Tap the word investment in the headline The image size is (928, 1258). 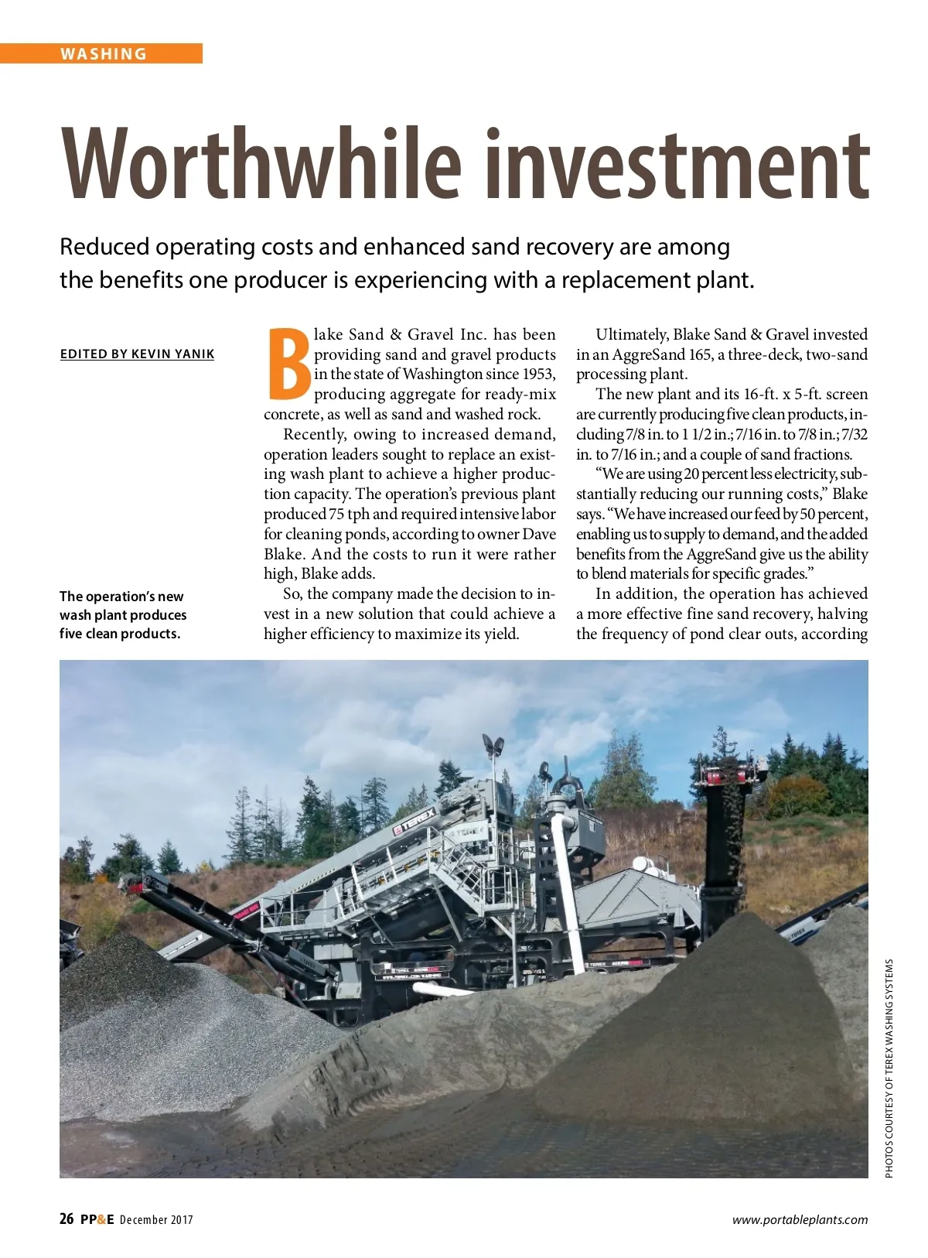point(666,163)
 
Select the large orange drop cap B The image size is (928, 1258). point(288,363)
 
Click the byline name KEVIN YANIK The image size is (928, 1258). point(172,354)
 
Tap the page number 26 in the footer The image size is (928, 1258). point(67,1219)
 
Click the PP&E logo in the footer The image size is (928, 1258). point(97,1219)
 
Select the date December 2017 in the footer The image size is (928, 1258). point(156,1220)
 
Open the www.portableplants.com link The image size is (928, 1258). point(800,1220)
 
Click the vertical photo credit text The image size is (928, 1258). point(889,1068)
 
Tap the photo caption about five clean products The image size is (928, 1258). point(123,615)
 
